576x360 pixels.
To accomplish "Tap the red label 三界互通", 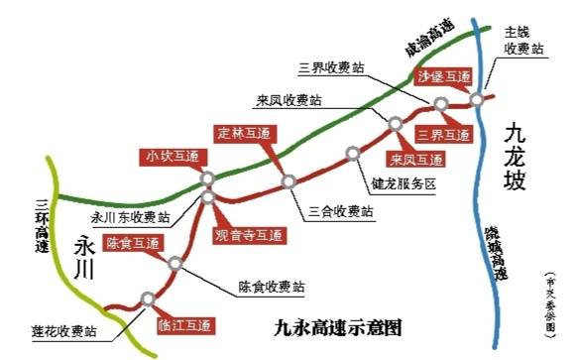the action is tap(443, 135).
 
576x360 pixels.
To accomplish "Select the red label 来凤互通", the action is tap(415, 158).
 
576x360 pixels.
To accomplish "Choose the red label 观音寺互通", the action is tap(249, 236).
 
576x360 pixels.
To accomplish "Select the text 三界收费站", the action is tap(331, 67).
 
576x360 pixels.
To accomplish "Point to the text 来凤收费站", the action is tap(288, 100).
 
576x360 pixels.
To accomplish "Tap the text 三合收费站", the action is tap(340, 210).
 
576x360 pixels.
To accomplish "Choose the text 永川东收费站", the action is tap(130, 217).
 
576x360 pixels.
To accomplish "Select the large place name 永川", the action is tap(83, 257).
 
